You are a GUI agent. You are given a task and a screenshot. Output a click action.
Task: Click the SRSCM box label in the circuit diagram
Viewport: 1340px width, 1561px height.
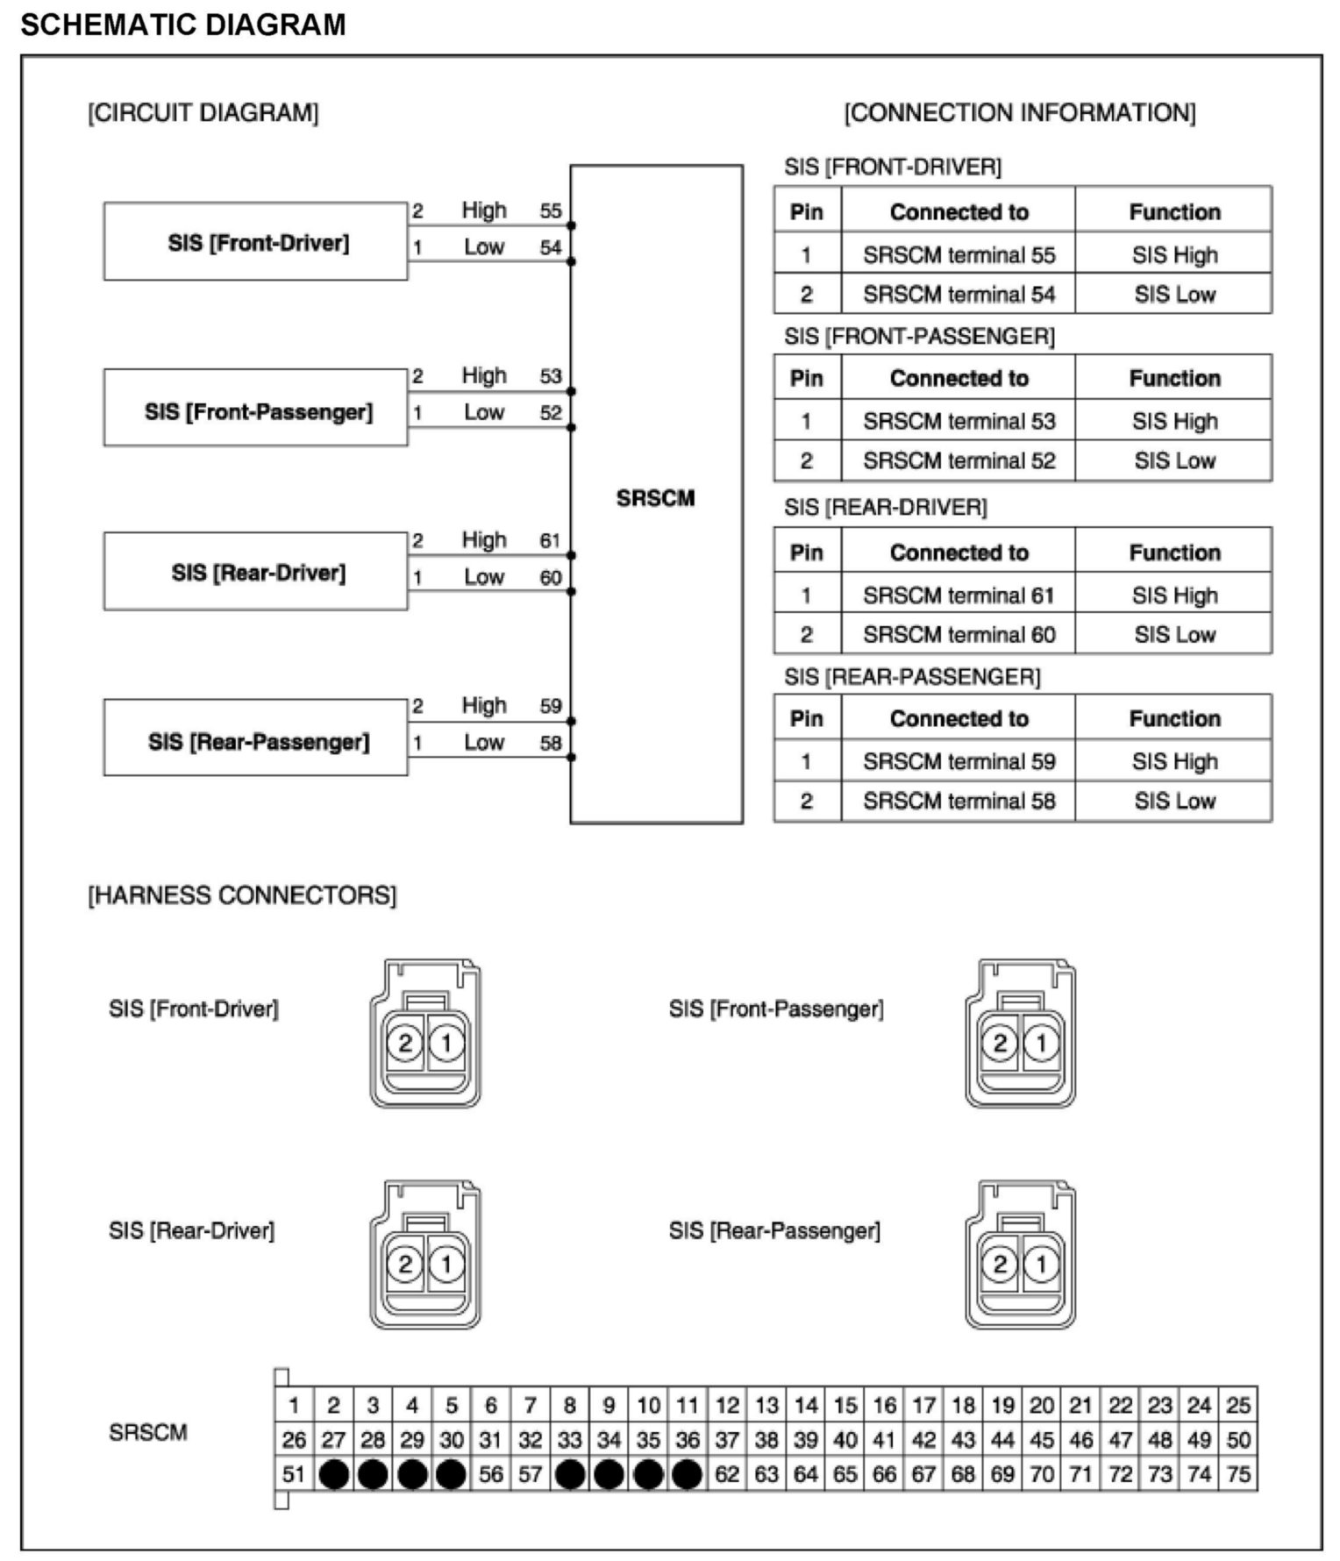(x=655, y=498)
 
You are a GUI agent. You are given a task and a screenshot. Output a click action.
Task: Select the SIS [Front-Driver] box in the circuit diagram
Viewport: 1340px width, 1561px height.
(x=256, y=242)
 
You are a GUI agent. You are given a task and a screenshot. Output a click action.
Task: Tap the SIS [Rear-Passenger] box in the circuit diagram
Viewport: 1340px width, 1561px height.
(x=256, y=742)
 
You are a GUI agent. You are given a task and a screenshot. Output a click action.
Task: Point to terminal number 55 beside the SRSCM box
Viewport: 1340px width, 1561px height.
(x=550, y=210)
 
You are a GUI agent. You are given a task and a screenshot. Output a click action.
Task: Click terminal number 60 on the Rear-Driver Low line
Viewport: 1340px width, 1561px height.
(x=550, y=577)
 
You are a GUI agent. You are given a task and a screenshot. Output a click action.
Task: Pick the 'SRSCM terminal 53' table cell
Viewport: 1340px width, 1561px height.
(x=959, y=421)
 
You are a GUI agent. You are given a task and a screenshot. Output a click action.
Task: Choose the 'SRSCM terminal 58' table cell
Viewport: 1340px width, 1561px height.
(x=959, y=801)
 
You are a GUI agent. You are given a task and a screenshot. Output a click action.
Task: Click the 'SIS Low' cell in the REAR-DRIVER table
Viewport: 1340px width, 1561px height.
(x=1174, y=634)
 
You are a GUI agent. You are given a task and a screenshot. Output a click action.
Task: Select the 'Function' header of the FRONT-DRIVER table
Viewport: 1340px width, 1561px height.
(x=1174, y=211)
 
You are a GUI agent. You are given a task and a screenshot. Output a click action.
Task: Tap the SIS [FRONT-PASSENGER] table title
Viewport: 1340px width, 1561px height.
(x=919, y=337)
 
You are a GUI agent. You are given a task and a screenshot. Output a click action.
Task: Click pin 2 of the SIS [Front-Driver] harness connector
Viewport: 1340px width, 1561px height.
(x=405, y=1043)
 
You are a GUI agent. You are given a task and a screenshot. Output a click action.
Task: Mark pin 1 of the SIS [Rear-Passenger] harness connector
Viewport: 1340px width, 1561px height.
(x=1041, y=1264)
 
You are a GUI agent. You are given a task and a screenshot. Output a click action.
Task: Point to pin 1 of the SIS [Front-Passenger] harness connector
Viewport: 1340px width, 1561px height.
(x=1041, y=1043)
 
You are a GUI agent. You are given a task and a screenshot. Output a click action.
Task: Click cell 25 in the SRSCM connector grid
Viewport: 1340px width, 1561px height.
(x=1237, y=1406)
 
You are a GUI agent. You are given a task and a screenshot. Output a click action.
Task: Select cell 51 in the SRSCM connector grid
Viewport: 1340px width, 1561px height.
(x=294, y=1474)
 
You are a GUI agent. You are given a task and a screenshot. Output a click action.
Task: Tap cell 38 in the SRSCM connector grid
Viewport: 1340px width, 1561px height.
(x=766, y=1440)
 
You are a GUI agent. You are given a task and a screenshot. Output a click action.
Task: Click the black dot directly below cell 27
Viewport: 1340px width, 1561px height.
(x=333, y=1474)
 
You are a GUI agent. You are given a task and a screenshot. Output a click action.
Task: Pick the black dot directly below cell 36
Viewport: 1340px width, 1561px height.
(x=688, y=1474)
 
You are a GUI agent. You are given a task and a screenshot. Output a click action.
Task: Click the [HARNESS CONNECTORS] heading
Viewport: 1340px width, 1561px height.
(x=242, y=895)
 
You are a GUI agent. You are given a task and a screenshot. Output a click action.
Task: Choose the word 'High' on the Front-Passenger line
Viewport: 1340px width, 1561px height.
(x=484, y=375)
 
